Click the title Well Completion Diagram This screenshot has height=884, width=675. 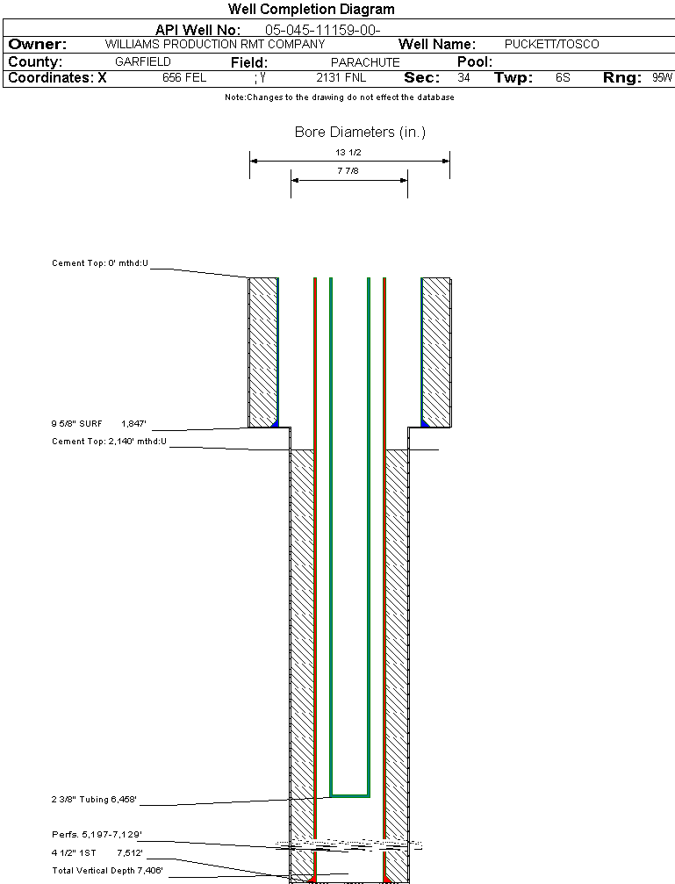point(312,9)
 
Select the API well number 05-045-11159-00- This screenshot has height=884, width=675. point(322,30)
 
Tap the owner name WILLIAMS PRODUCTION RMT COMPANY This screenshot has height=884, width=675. point(215,44)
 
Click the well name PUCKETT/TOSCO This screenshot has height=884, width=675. point(551,44)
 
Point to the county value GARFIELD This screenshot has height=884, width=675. point(143,61)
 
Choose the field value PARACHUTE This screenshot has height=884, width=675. point(365,62)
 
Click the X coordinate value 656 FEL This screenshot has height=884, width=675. point(184,77)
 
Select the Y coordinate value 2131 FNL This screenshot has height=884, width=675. point(341,77)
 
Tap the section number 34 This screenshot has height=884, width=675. point(463,77)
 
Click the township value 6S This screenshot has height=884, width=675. point(563,77)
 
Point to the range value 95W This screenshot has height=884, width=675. point(663,77)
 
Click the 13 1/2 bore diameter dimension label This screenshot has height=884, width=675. point(348,152)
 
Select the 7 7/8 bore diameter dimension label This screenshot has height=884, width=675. point(348,170)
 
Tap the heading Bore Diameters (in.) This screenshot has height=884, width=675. point(360,132)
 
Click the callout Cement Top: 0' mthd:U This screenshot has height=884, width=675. point(100,262)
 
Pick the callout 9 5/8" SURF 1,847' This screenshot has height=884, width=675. point(98,423)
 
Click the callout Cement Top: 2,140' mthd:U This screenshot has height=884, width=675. point(110,441)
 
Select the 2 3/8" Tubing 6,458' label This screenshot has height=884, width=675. point(94,800)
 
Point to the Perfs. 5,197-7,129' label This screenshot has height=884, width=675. point(97,834)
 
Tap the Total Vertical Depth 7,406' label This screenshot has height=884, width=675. point(108,871)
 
